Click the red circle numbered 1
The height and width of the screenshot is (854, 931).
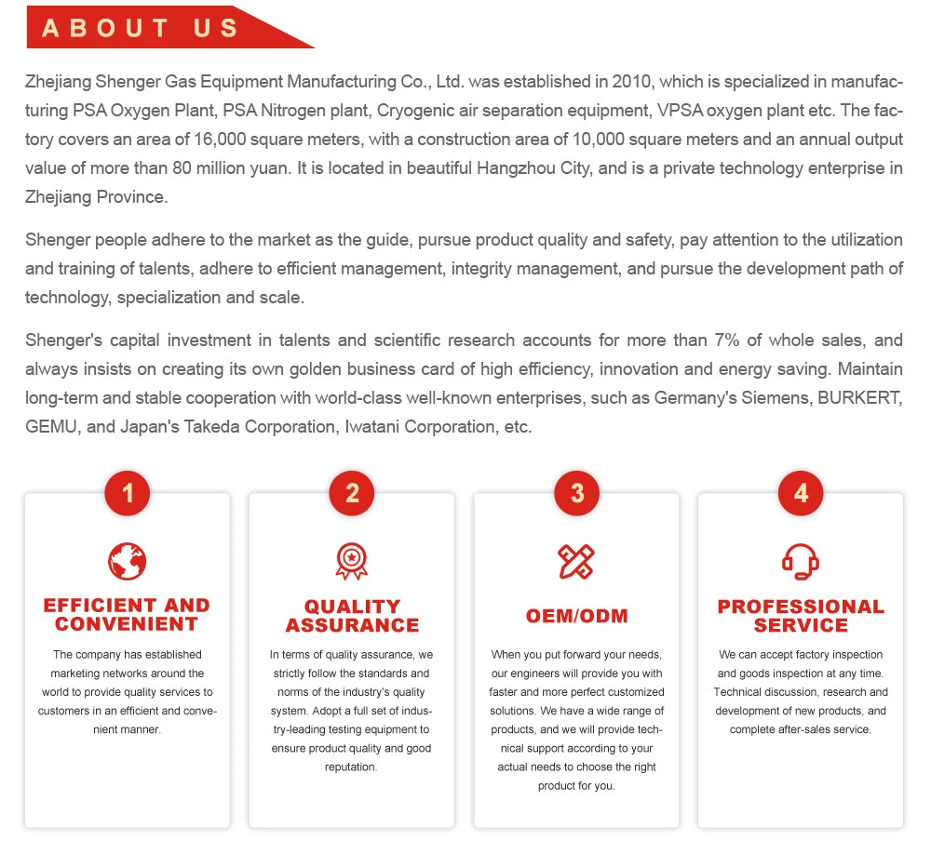128,493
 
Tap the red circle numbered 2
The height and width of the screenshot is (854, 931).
352,493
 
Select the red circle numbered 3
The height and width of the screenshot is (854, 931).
577,493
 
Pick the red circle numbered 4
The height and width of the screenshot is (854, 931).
802,493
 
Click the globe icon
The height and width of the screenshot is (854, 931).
128,561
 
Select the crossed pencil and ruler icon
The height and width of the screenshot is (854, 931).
576,561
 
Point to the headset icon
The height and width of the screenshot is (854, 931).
801,561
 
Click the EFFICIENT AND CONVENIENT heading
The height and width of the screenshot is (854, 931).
128,615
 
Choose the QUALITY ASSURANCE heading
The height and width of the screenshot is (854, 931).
352,616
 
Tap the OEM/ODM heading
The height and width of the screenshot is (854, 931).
577,616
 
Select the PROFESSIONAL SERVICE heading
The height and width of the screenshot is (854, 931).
801,616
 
